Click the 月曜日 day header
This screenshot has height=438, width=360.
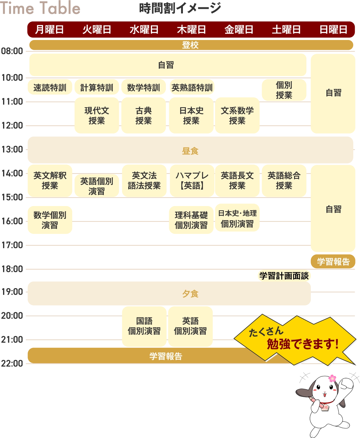49,30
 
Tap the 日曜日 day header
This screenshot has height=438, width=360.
333,30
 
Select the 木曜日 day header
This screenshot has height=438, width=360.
191,30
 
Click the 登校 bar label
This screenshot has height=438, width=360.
190,45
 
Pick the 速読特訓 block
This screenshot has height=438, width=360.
50,88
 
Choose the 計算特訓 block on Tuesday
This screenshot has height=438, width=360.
96,88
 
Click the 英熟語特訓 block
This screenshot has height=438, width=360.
192,88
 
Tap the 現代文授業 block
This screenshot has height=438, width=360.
96,115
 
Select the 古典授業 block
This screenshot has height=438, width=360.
144,115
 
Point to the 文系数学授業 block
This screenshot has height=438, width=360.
237,115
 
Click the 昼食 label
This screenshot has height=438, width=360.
190,151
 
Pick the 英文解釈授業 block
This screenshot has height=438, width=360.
50,180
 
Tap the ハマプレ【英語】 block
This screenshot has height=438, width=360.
192,180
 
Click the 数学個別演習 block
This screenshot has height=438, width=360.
50,220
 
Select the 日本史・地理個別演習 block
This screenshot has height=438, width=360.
237,219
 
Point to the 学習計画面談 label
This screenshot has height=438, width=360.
284,276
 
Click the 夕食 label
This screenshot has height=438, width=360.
190,294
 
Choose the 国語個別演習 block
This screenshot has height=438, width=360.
144,326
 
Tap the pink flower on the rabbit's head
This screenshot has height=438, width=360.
332,378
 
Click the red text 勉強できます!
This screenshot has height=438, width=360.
303,344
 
